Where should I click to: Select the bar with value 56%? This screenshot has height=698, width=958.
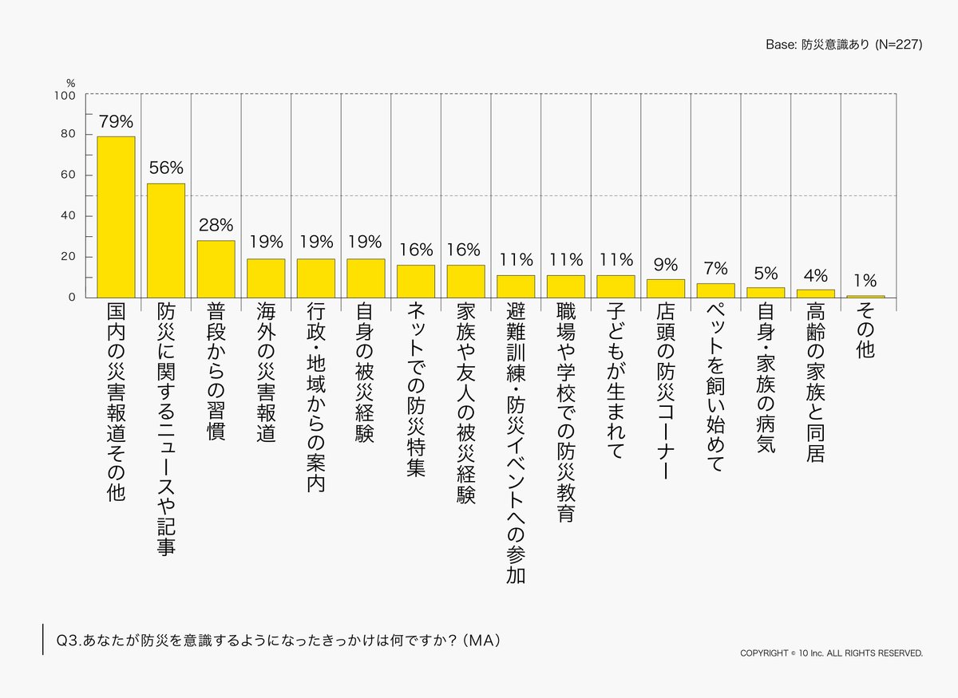tap(165, 240)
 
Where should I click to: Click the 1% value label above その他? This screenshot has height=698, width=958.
tap(865, 281)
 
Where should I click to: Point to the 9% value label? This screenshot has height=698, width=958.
tap(665, 265)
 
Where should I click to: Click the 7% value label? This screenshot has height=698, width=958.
tap(715, 269)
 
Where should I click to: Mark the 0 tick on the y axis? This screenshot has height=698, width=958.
tap(71, 298)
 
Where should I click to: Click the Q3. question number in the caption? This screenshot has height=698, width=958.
tap(67, 641)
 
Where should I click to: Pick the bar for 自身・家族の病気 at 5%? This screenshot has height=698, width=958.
tap(766, 293)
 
